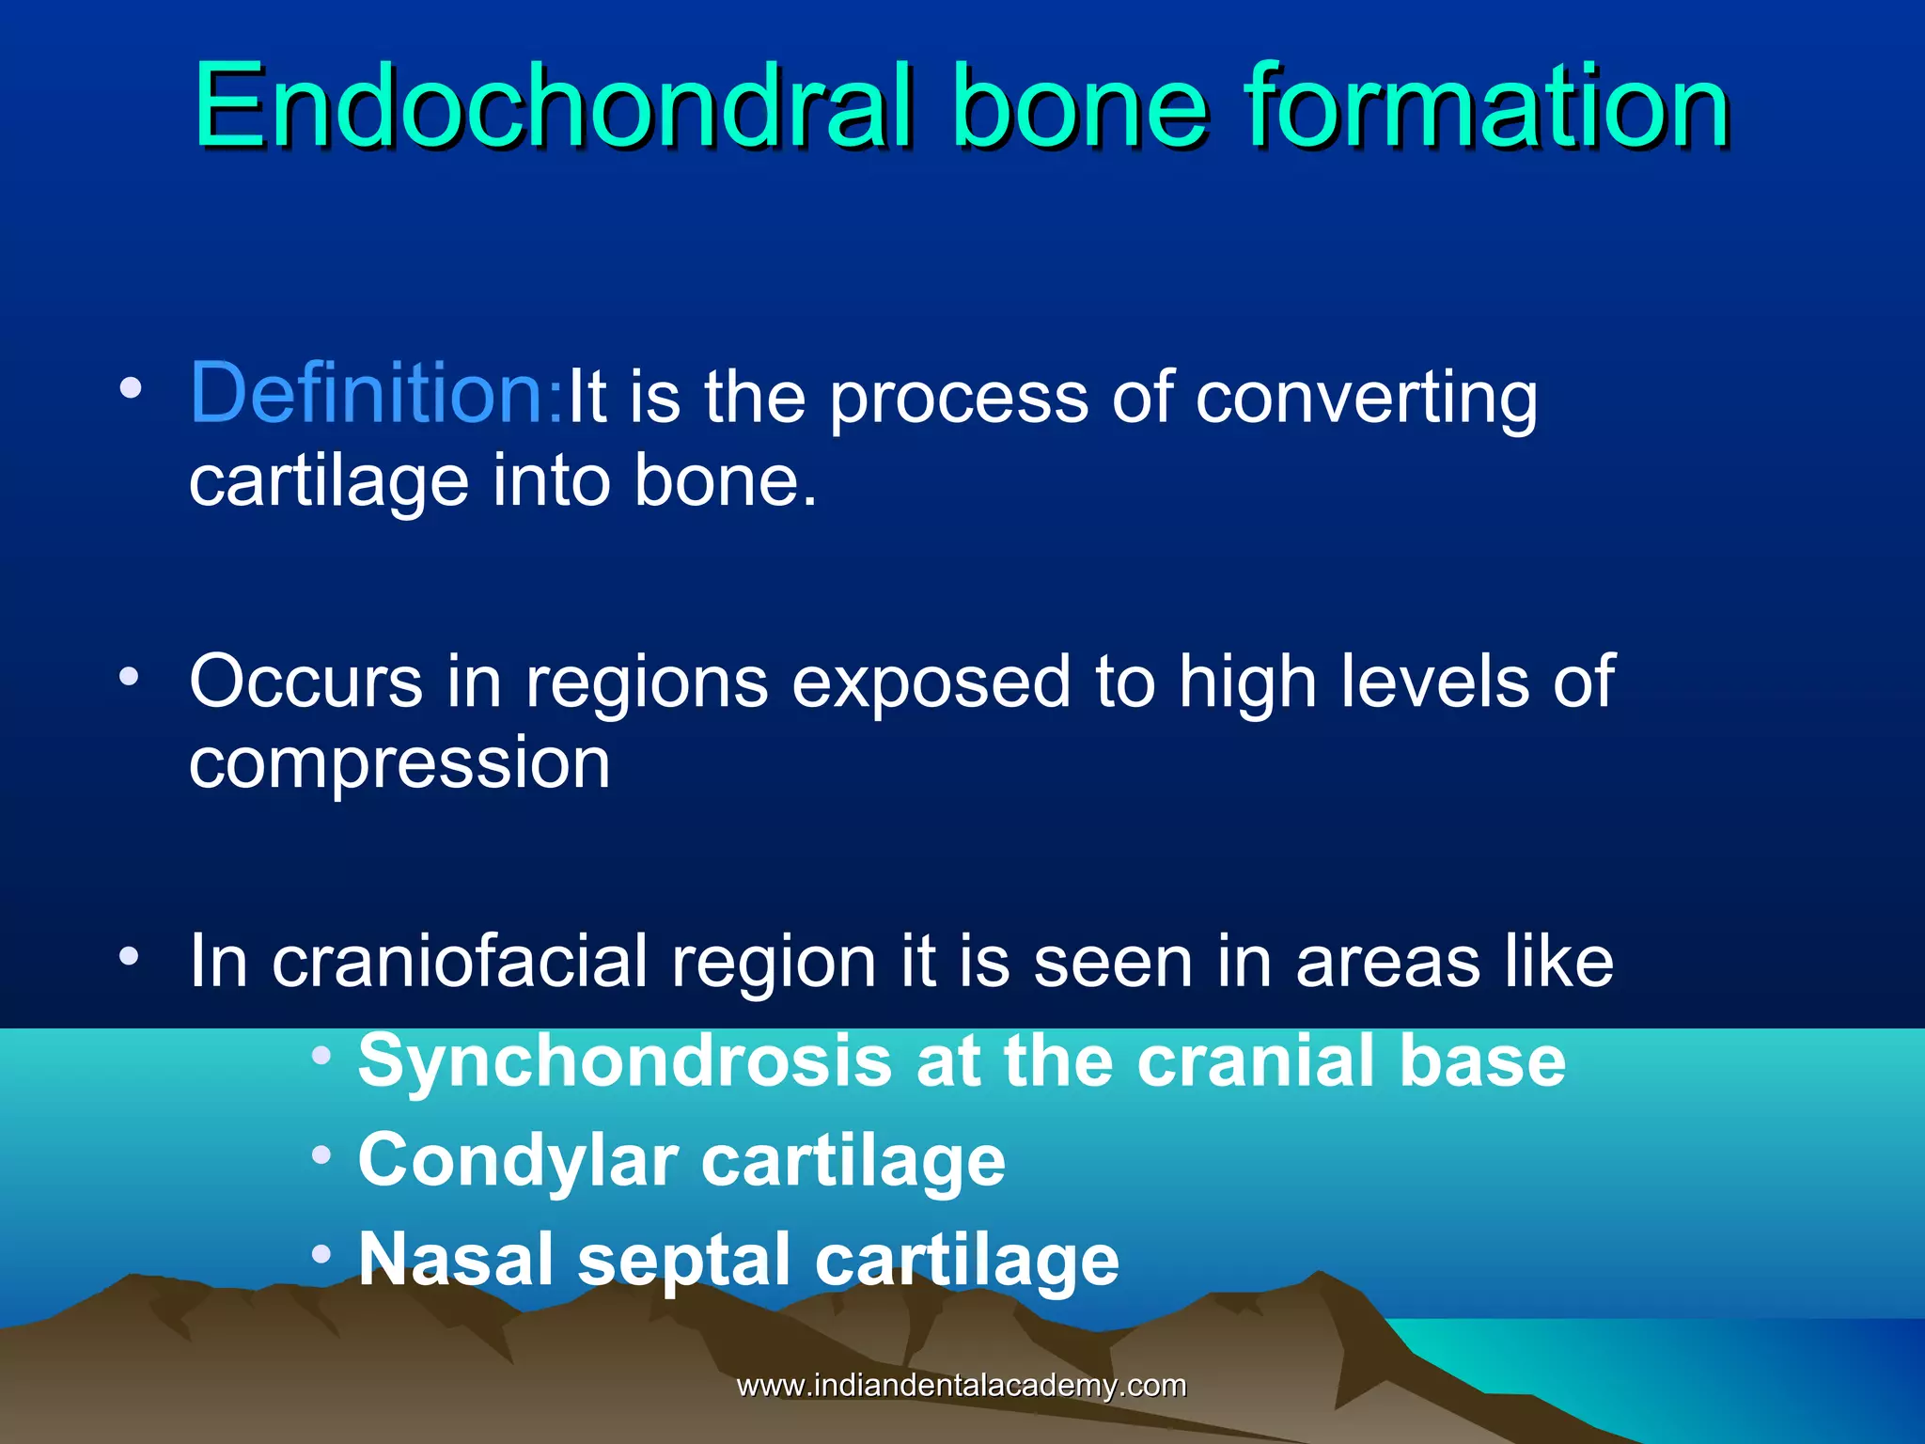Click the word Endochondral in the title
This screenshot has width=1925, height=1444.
click(553, 105)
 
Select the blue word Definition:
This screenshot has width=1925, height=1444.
click(376, 393)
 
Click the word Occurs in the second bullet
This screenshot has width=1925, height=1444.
click(305, 681)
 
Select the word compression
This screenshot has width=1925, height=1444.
click(399, 763)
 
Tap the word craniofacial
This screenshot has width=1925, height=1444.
click(460, 962)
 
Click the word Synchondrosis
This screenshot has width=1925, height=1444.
click(624, 1061)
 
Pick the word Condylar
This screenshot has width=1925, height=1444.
click(517, 1160)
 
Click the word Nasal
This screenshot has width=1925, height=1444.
click(457, 1260)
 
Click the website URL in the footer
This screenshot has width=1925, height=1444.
click(961, 1386)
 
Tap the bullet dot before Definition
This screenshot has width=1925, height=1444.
click(131, 387)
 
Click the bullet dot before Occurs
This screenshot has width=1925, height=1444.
click(131, 675)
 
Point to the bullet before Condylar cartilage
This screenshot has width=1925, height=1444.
click(322, 1154)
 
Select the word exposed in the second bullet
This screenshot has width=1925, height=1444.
click(931, 681)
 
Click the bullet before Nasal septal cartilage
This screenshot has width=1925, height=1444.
click(322, 1253)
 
